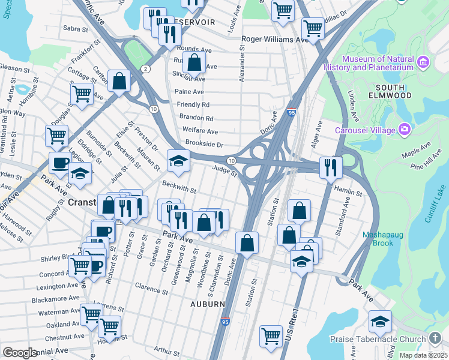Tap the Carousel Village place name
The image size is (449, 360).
pyautogui.click(x=366, y=130)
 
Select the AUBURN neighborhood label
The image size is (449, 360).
pyautogui.click(x=208, y=304)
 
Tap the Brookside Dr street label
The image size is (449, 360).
pyautogui.click(x=205, y=145)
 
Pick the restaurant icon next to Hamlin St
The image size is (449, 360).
pyautogui.click(x=330, y=167)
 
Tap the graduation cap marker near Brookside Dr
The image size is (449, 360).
pyautogui.click(x=178, y=160)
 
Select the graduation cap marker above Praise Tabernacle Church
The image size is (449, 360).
pyautogui.click(x=379, y=322)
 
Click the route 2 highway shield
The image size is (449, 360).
pyautogui.click(x=145, y=69)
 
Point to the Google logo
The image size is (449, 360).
pyautogui.click(x=20, y=352)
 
